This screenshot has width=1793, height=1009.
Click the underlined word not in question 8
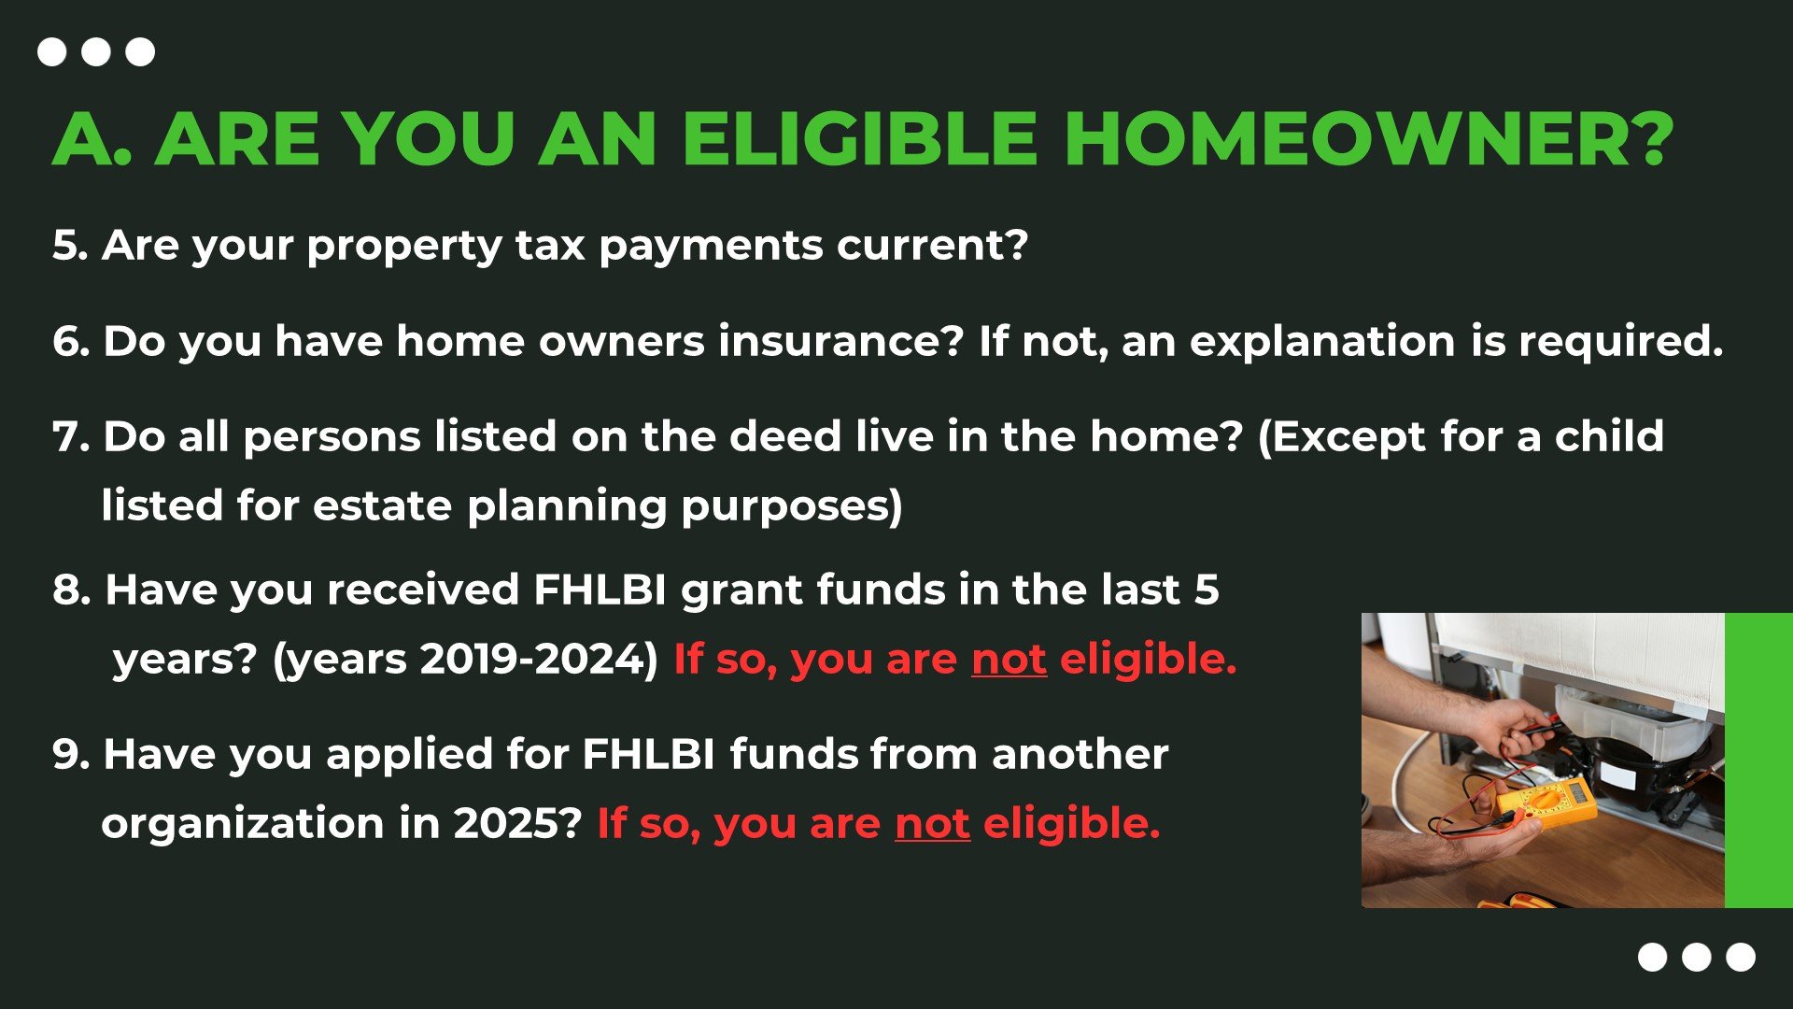point(1009,659)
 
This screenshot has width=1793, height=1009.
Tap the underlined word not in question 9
point(932,823)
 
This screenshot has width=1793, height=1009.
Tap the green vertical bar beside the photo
point(1758,760)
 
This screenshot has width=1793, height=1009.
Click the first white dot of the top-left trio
point(51,51)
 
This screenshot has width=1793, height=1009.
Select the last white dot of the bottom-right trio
point(1741,958)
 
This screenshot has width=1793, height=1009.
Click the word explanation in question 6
point(1322,343)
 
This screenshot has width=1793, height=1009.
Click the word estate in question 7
point(382,506)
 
